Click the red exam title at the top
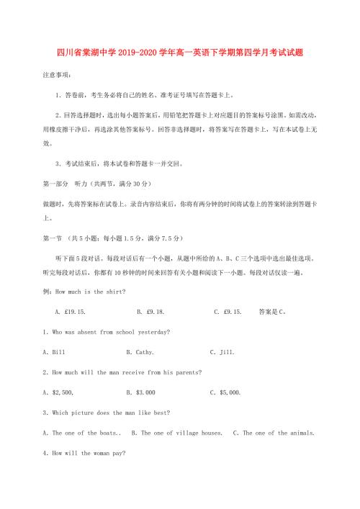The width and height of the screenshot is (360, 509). point(180,53)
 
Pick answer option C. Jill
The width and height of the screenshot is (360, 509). point(222,352)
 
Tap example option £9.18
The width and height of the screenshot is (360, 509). point(150,312)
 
